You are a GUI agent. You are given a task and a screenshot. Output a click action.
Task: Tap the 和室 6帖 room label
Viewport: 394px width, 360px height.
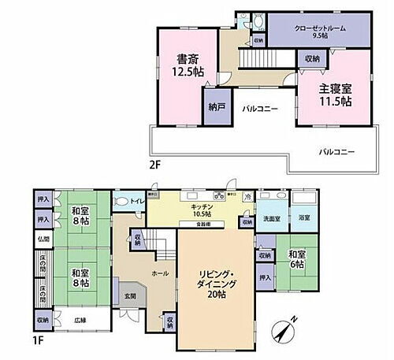[x=296, y=260]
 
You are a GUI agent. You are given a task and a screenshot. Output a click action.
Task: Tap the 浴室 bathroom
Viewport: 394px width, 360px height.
[x=303, y=217]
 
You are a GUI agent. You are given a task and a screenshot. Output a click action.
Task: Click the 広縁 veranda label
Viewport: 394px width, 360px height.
[x=81, y=320]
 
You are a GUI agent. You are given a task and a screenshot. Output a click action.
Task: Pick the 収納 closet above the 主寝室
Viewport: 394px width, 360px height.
[x=311, y=59]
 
